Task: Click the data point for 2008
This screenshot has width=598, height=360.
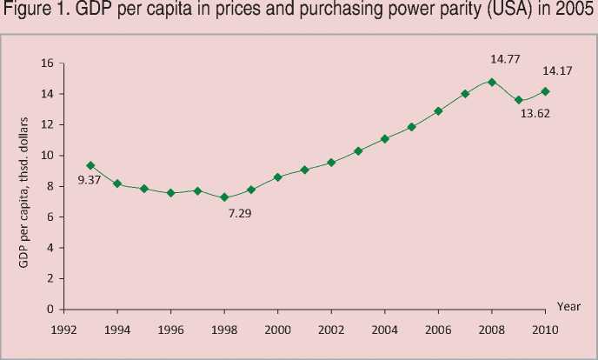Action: (492, 82)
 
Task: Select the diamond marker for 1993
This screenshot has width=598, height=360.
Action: (90, 165)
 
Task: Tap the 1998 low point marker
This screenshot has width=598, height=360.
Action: (224, 197)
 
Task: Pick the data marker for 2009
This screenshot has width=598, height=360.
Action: (519, 100)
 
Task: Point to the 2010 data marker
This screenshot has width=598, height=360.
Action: (546, 90)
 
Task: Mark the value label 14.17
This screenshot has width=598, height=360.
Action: (558, 70)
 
